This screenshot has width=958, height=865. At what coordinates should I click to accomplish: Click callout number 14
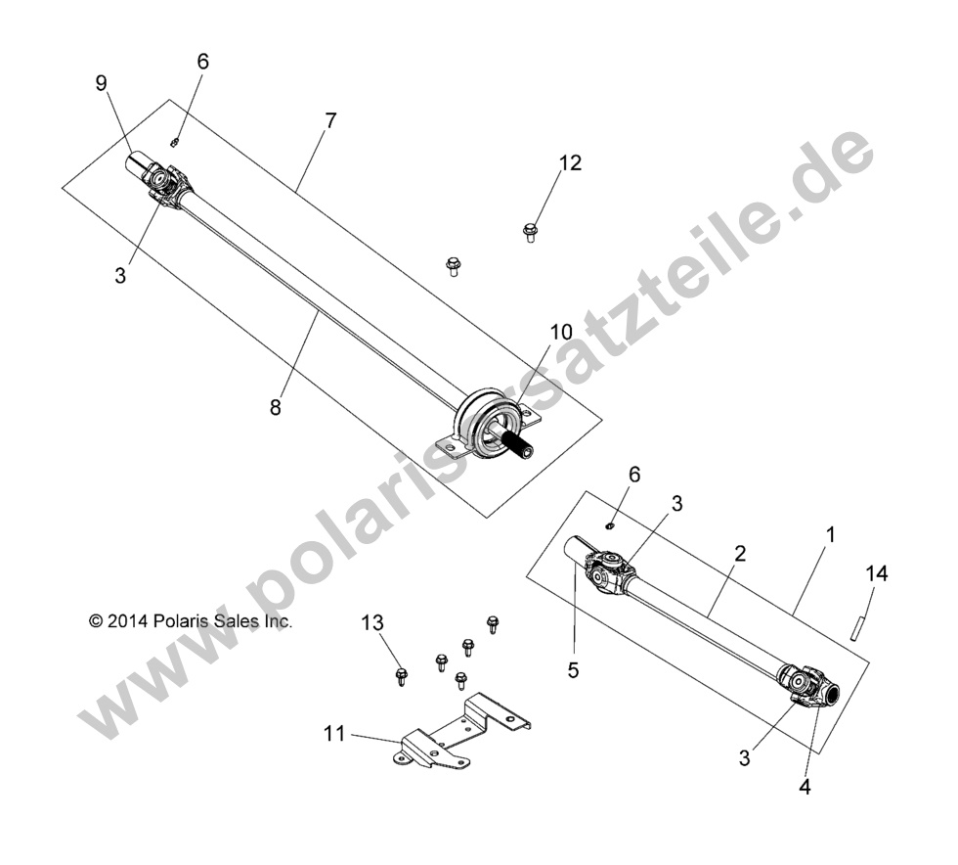[877, 574]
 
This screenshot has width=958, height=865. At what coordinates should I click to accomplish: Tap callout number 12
[570, 163]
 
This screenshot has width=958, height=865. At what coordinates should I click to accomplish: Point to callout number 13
[372, 622]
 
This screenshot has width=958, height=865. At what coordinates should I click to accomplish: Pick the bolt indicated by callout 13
[401, 675]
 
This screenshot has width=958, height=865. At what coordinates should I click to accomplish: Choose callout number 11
[334, 733]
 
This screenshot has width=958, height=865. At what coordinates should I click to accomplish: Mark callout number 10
[560, 332]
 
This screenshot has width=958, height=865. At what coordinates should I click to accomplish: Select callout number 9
[101, 83]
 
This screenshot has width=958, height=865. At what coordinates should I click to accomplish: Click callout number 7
[330, 121]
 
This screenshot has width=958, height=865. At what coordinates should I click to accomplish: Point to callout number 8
[275, 407]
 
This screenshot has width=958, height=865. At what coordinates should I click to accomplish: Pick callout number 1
[830, 535]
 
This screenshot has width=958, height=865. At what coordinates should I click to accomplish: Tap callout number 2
[740, 553]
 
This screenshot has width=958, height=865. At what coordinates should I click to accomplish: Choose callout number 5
[573, 670]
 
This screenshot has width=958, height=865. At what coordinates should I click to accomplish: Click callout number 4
[805, 785]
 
